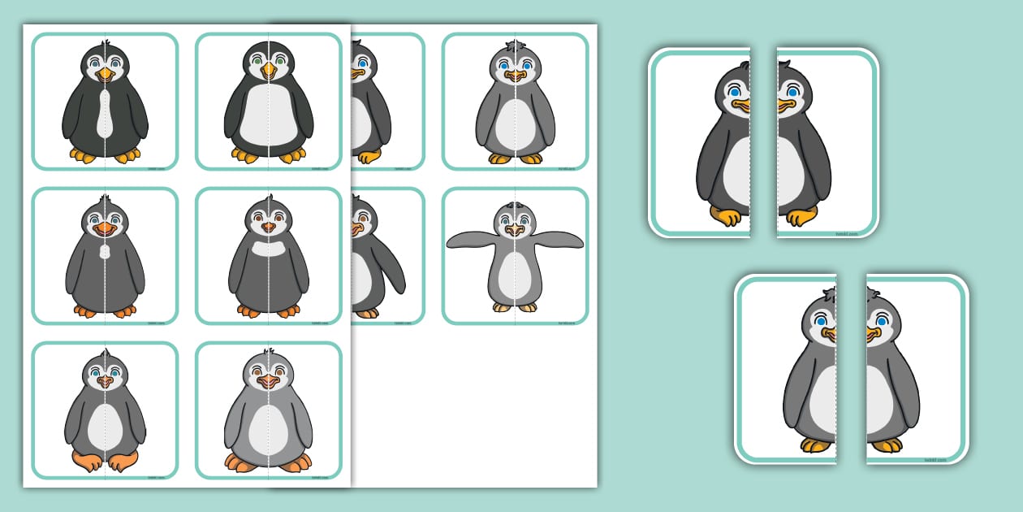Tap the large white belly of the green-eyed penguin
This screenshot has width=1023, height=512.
269,115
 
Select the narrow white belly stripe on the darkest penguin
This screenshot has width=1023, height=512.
105,114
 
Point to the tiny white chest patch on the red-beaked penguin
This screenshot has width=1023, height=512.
105,253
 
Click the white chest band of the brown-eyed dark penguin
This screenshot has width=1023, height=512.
268,247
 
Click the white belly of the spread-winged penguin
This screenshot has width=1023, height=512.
515,276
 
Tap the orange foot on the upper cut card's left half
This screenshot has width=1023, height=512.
727,216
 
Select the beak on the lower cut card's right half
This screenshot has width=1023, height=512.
873,333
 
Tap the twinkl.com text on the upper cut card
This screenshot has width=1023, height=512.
847,232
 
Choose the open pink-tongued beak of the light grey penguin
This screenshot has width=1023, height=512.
268,381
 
